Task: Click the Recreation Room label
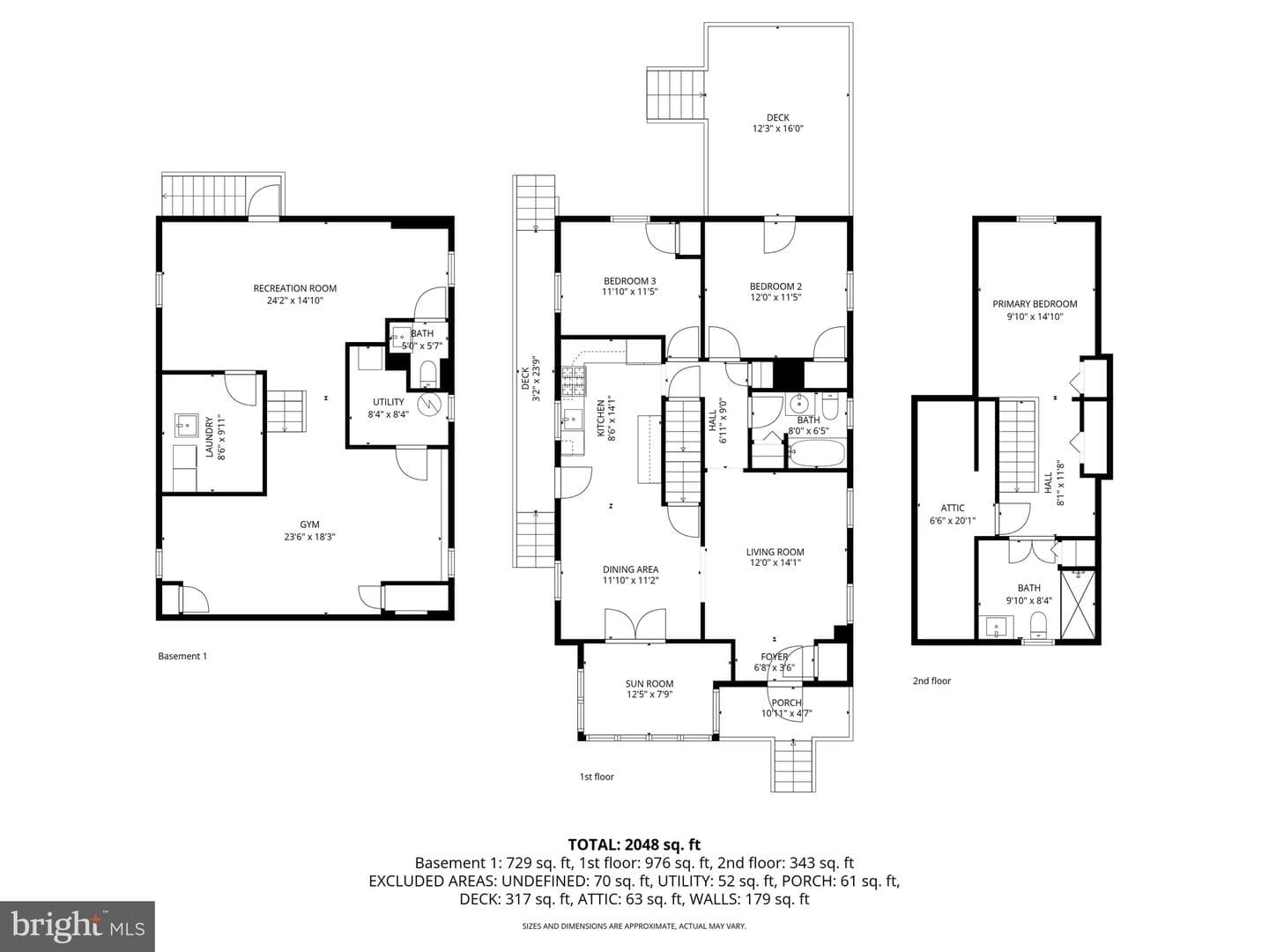coord(295,288)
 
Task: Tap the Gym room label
coord(309,524)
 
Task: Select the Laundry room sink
coord(186,425)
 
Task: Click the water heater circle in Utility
coord(429,403)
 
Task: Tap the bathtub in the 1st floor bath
coord(816,452)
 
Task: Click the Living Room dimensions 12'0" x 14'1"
coord(775,562)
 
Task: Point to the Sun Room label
coord(649,684)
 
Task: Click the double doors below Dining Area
coord(635,624)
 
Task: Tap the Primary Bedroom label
coord(1035,304)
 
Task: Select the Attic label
coord(952,508)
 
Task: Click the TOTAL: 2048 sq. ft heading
coord(634,845)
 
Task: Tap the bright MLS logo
coord(77,926)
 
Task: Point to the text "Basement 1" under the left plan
coord(182,656)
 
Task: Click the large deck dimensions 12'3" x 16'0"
coord(777,129)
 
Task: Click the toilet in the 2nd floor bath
coord(1039,626)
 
